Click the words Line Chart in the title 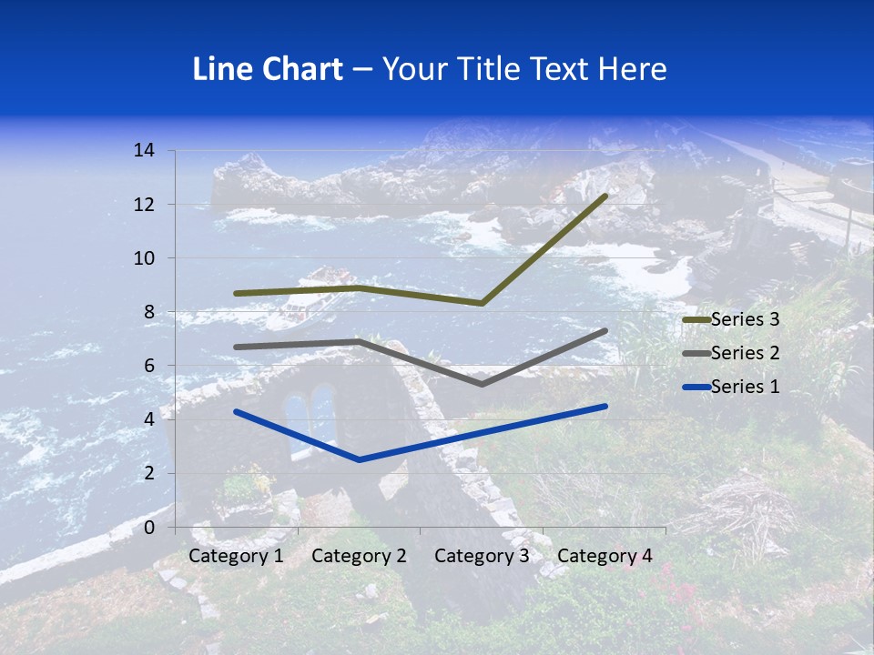[x=268, y=69]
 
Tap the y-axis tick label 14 [x=143, y=150]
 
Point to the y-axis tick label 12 [x=143, y=205]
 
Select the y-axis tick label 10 [x=143, y=258]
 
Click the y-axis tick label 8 [x=148, y=312]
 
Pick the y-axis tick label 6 [x=148, y=366]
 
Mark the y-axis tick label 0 [x=148, y=528]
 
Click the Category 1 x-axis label [x=236, y=556]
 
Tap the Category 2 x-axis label [x=359, y=556]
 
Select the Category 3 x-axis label [x=482, y=556]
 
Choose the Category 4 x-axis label [x=605, y=556]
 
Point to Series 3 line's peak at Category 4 [x=605, y=196]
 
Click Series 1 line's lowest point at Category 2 [x=359, y=459]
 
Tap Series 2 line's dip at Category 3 [x=482, y=384]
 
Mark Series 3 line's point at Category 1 [x=236, y=293]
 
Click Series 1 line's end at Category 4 [x=605, y=406]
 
